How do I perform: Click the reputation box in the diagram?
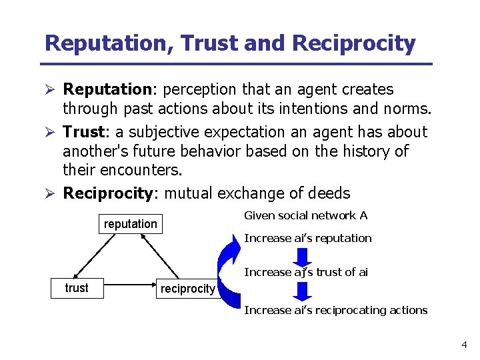click(x=131, y=224)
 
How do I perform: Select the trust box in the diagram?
click(x=77, y=288)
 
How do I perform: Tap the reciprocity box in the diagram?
click(x=187, y=289)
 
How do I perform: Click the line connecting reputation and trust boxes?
click(x=99, y=256)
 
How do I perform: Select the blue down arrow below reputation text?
click(x=303, y=257)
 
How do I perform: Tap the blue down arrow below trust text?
click(x=303, y=291)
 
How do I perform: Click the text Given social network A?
click(x=305, y=215)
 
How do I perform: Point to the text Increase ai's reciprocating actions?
click(x=335, y=310)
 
